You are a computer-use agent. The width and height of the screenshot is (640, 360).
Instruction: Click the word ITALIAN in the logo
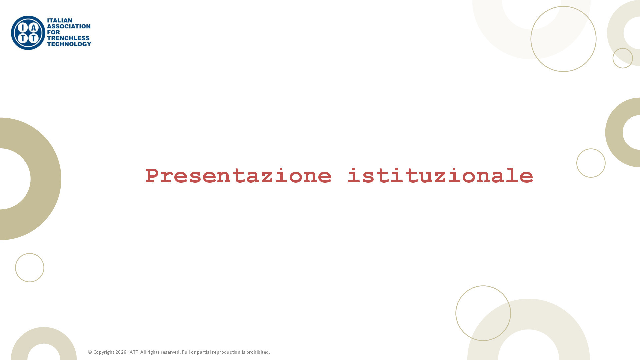60,21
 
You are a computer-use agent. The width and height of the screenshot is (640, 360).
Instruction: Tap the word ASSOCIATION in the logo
69,26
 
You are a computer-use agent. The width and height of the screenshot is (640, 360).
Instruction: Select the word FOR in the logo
53,32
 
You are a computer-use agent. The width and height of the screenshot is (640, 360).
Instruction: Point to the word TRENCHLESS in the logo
68,38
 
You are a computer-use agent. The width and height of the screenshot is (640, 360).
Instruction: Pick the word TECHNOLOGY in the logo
69,44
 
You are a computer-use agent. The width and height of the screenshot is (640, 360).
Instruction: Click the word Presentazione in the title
239,176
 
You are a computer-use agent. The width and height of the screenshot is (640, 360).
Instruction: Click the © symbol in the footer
90,352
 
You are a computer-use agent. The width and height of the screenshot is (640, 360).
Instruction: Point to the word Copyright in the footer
104,352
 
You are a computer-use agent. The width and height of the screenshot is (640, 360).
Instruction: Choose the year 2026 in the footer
121,352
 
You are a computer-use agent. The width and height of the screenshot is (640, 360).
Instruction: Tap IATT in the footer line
133,352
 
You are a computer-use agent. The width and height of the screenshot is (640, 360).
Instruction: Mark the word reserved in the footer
170,352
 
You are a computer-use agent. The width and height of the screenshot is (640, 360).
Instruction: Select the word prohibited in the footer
258,352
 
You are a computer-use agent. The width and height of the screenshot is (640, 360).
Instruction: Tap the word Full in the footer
186,352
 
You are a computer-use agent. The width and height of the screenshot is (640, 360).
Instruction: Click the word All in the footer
143,352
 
